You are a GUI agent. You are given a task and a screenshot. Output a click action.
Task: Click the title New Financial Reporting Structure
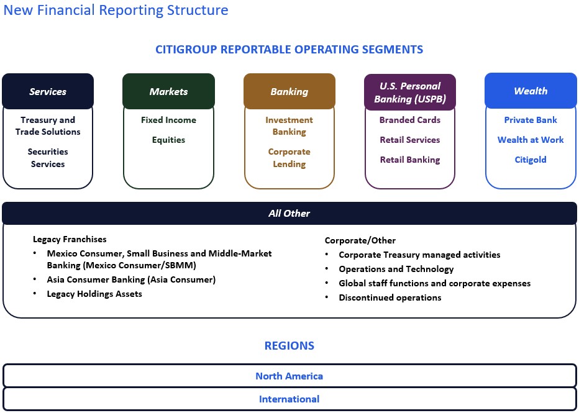point(116,11)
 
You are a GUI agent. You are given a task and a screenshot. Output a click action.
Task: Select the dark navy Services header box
point(48,91)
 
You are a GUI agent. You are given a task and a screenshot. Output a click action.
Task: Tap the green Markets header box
point(168,91)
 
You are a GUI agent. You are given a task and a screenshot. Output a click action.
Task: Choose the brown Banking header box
point(289,91)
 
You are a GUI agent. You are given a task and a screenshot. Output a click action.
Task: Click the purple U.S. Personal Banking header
point(410,92)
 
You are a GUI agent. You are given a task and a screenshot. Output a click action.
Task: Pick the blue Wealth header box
point(531,91)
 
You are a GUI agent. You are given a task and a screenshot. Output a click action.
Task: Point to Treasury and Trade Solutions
point(48,126)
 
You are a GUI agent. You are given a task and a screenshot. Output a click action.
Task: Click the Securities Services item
point(48,158)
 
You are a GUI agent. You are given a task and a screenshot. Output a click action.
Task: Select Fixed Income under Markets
point(168,120)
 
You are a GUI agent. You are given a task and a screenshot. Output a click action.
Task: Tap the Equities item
point(168,140)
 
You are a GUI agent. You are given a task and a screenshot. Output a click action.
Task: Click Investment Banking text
point(289,126)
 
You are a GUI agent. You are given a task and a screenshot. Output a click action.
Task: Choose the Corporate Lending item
point(289,158)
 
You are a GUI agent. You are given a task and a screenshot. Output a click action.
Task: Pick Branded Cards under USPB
point(410,120)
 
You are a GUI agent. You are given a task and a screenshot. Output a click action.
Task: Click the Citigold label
point(531,160)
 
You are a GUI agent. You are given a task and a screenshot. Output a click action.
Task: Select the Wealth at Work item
point(531,140)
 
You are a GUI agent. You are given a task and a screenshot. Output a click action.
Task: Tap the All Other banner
point(289,213)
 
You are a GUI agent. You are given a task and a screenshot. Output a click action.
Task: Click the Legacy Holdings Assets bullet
point(94,294)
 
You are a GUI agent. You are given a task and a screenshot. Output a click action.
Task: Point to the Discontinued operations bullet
point(390,297)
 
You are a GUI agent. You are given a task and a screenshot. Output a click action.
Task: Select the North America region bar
point(289,376)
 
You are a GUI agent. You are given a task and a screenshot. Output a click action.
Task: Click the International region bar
point(289,399)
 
